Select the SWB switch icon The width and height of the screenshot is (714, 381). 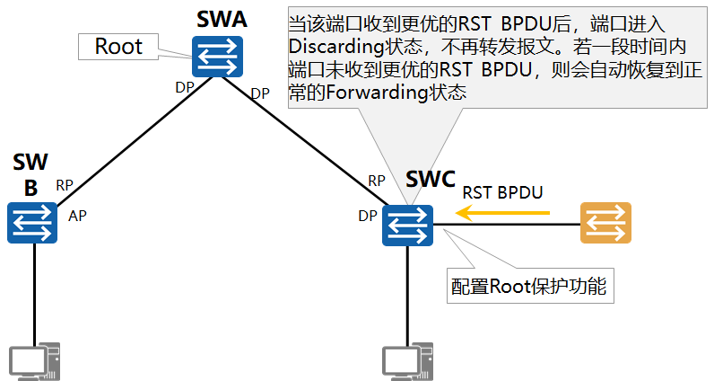pos(32,221)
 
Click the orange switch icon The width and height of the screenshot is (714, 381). pos(605,223)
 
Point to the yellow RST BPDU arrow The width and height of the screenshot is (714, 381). pos(502,213)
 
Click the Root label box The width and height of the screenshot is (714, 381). pos(118,47)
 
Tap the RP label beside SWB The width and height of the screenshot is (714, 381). pos(65,185)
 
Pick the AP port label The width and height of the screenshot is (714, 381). pos(77,216)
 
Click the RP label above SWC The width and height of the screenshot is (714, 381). pos(377,181)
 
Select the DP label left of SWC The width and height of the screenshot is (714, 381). pos(368,216)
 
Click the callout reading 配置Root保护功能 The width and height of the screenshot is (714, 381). pos(530,287)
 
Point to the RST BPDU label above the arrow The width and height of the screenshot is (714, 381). pos(502,192)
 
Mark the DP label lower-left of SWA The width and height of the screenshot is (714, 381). pos(185,87)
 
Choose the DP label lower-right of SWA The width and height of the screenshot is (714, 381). pos(260,93)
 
